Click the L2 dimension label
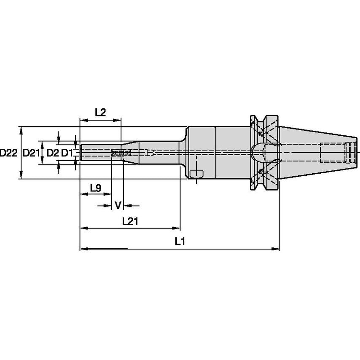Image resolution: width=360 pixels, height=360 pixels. [x=100, y=112]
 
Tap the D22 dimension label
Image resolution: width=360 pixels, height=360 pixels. [x=8, y=153]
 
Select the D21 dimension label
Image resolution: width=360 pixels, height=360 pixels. [x=31, y=153]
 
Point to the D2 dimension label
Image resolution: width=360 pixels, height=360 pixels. [x=52, y=153]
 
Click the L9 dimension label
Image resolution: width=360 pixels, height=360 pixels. [x=96, y=188]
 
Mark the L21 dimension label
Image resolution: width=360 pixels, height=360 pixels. [x=131, y=220]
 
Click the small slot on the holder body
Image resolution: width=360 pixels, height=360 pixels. [x=196, y=174]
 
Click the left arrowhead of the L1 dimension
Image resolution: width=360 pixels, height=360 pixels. [x=83, y=249]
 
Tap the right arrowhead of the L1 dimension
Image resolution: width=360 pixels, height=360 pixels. [x=277, y=249]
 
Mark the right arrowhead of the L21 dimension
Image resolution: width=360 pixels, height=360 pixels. [x=177, y=228]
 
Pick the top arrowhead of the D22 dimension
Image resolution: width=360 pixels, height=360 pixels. [x=21, y=129]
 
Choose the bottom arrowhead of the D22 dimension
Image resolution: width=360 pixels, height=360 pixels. [x=21, y=177]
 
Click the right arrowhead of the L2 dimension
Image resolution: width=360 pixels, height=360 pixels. [x=118, y=121]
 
